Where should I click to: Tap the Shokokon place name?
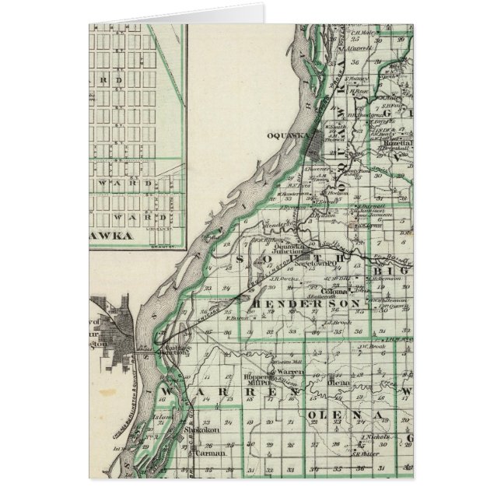tap(202, 429)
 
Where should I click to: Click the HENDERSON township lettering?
tap(308, 303)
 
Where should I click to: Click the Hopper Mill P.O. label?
tap(262, 380)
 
